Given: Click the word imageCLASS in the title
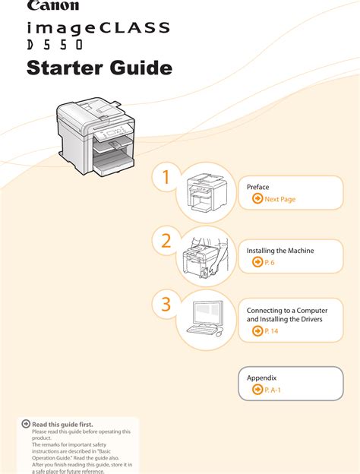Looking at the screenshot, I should (98, 30).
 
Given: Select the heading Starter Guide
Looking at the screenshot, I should (99, 69).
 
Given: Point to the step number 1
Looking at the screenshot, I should (166, 178).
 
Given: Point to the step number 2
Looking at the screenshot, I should (166, 242).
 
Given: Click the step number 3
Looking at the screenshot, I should (166, 305).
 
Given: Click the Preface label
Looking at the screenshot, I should (258, 187).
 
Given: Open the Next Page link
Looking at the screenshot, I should (279, 199).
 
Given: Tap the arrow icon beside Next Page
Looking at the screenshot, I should (257, 199).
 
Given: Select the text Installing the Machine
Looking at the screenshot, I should (280, 250).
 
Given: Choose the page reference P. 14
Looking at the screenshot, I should (271, 332).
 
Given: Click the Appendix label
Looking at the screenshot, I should (261, 378).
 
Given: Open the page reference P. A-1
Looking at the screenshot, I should (273, 390).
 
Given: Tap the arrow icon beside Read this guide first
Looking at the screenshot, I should (26, 424).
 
